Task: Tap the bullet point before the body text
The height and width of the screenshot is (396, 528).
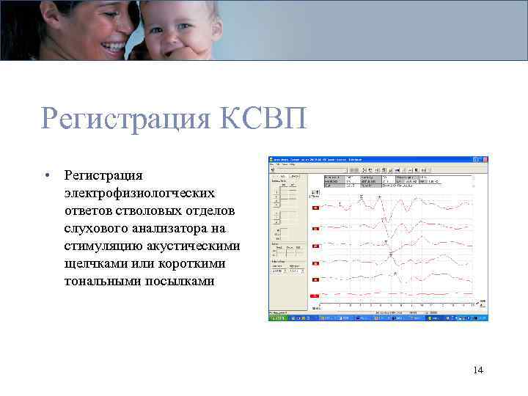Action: (x=46, y=175)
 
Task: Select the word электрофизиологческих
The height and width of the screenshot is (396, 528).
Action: (x=139, y=193)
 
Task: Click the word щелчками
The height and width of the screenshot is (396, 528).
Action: (x=94, y=263)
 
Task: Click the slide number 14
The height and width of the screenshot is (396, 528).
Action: (x=478, y=370)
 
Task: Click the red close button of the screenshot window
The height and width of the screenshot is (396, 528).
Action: (x=484, y=158)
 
